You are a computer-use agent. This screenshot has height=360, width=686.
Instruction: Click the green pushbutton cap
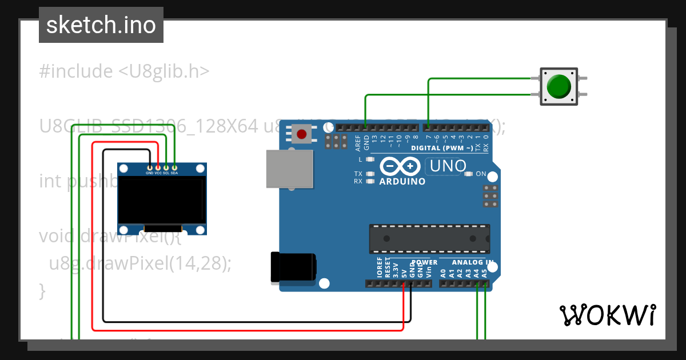pos(559,86)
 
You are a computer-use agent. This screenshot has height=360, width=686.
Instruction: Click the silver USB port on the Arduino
pos(290,169)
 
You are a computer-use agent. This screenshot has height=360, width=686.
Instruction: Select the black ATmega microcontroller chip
pos(429,239)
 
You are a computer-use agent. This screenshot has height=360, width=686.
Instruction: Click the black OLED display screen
pos(162,199)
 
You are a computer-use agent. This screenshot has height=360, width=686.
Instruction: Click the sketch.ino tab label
pos(101,25)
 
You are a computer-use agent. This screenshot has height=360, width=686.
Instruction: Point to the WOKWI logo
pos(607,315)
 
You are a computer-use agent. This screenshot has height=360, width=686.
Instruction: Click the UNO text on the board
pos(449,166)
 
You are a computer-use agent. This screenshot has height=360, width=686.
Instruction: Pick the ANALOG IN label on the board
pos(472,262)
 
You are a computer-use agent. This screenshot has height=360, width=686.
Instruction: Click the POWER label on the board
pos(424,262)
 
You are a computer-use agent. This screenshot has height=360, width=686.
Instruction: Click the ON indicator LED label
pos(481,174)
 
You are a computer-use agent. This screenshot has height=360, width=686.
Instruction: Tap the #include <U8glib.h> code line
pos(124,71)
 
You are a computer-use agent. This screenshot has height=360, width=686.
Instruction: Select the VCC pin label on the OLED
pos(158,173)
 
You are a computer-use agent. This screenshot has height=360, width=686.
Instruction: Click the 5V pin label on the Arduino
pos(404,273)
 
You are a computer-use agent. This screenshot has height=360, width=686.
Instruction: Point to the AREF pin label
pos(358,141)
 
